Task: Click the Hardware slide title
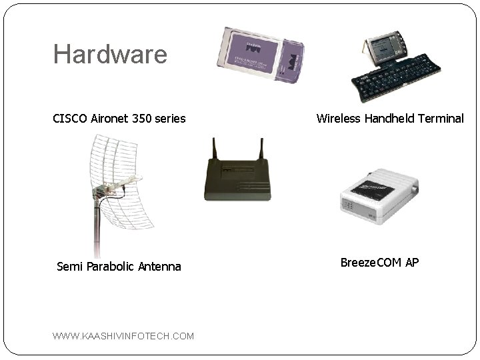pyautogui.click(x=110, y=54)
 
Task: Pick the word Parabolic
pyautogui.click(x=109, y=267)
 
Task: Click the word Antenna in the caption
pyautogui.click(x=159, y=267)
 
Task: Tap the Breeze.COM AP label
pyautogui.click(x=379, y=262)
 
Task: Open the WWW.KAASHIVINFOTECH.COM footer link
pyautogui.click(x=123, y=336)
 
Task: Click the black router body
pyautogui.click(x=237, y=180)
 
